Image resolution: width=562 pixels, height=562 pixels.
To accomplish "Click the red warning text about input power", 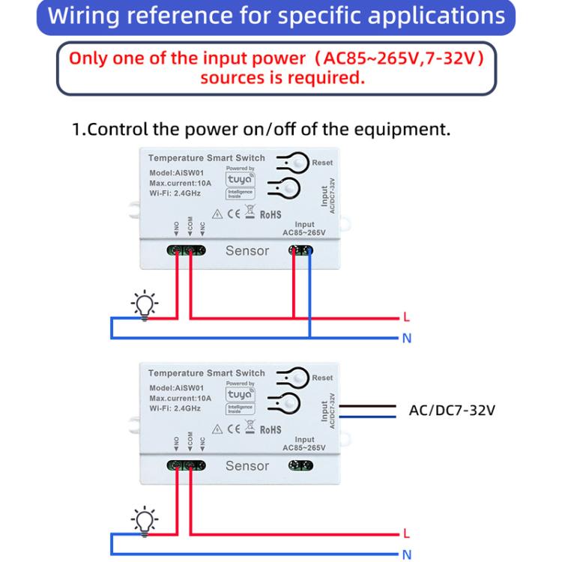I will [x=282, y=68].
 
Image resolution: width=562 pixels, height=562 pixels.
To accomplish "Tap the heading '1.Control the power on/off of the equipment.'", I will [x=261, y=129].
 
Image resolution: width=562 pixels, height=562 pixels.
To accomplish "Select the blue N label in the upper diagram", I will [x=407, y=339].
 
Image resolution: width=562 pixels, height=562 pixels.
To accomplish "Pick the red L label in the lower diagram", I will [x=406, y=534].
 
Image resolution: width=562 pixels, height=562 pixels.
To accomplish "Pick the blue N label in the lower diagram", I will [x=407, y=555].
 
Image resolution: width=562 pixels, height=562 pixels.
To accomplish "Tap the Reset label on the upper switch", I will [x=322, y=163].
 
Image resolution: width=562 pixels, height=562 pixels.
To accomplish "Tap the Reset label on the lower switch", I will [x=322, y=378].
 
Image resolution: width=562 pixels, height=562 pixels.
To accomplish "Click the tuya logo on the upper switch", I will [x=241, y=179].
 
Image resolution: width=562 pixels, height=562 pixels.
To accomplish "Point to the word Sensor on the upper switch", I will [x=247, y=251].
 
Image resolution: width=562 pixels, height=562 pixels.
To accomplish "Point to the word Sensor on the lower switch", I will [x=247, y=466].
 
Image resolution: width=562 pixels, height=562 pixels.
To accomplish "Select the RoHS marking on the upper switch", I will [x=271, y=214].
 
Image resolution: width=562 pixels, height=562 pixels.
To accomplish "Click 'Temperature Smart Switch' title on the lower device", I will [x=206, y=373].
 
